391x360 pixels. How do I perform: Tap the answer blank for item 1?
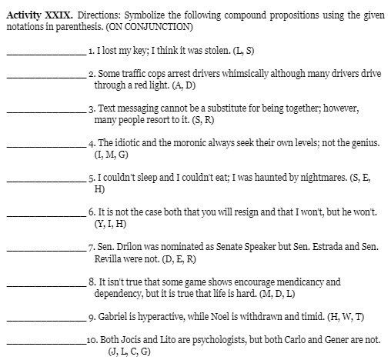pos(45,52)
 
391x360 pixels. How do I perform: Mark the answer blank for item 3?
pos(45,112)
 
